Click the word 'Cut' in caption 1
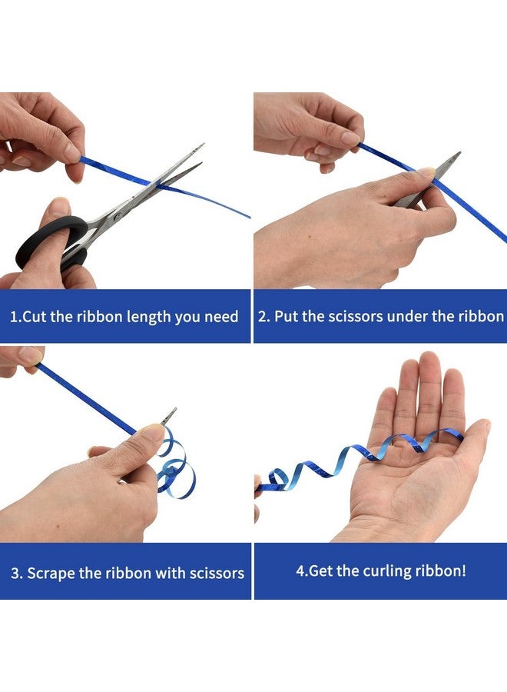pos(35,317)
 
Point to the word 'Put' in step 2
pos(285,317)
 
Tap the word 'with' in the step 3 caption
pos(171,573)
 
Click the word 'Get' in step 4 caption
pos(320,571)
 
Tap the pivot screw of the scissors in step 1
pos(118,216)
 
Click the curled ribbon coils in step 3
pos(176,467)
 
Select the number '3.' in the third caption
pos(17,574)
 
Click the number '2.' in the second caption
pos(263,317)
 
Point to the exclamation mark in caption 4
pos(463,571)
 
